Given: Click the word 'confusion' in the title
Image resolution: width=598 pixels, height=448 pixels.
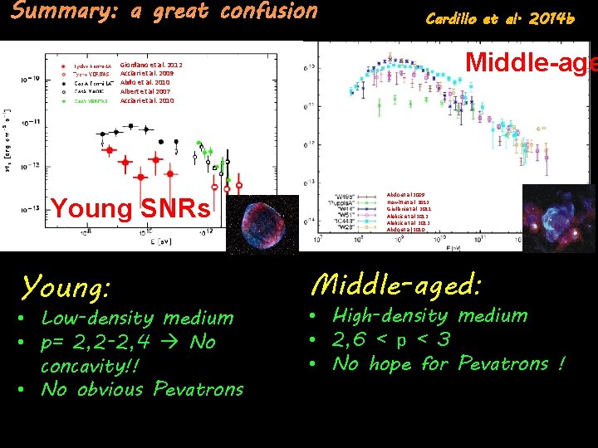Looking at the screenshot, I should pyautogui.click(x=269, y=12).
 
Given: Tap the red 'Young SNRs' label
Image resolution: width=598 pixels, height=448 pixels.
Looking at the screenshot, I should pyautogui.click(x=130, y=208).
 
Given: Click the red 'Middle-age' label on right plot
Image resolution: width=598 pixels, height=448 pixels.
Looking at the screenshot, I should pyautogui.click(x=531, y=62).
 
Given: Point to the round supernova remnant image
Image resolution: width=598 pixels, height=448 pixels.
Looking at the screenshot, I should pyautogui.click(x=262, y=223).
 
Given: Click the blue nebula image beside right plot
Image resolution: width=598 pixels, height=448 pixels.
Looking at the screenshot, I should pyautogui.click(x=559, y=217).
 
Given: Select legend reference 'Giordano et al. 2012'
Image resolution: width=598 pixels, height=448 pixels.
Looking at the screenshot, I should pyautogui.click(x=151, y=65).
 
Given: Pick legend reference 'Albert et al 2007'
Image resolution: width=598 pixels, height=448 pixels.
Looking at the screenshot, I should pyautogui.click(x=145, y=91).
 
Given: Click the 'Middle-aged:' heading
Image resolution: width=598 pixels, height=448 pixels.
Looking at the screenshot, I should pyautogui.click(x=395, y=285).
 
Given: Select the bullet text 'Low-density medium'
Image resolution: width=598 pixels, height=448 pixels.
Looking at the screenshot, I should pyautogui.click(x=137, y=318).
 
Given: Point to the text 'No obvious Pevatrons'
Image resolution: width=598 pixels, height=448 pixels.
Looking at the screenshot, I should pyautogui.click(x=142, y=389).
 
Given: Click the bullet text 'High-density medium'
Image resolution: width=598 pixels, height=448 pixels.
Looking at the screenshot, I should pyautogui.click(x=429, y=315).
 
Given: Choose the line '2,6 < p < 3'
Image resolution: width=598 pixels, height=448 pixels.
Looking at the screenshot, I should pyautogui.click(x=393, y=339).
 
